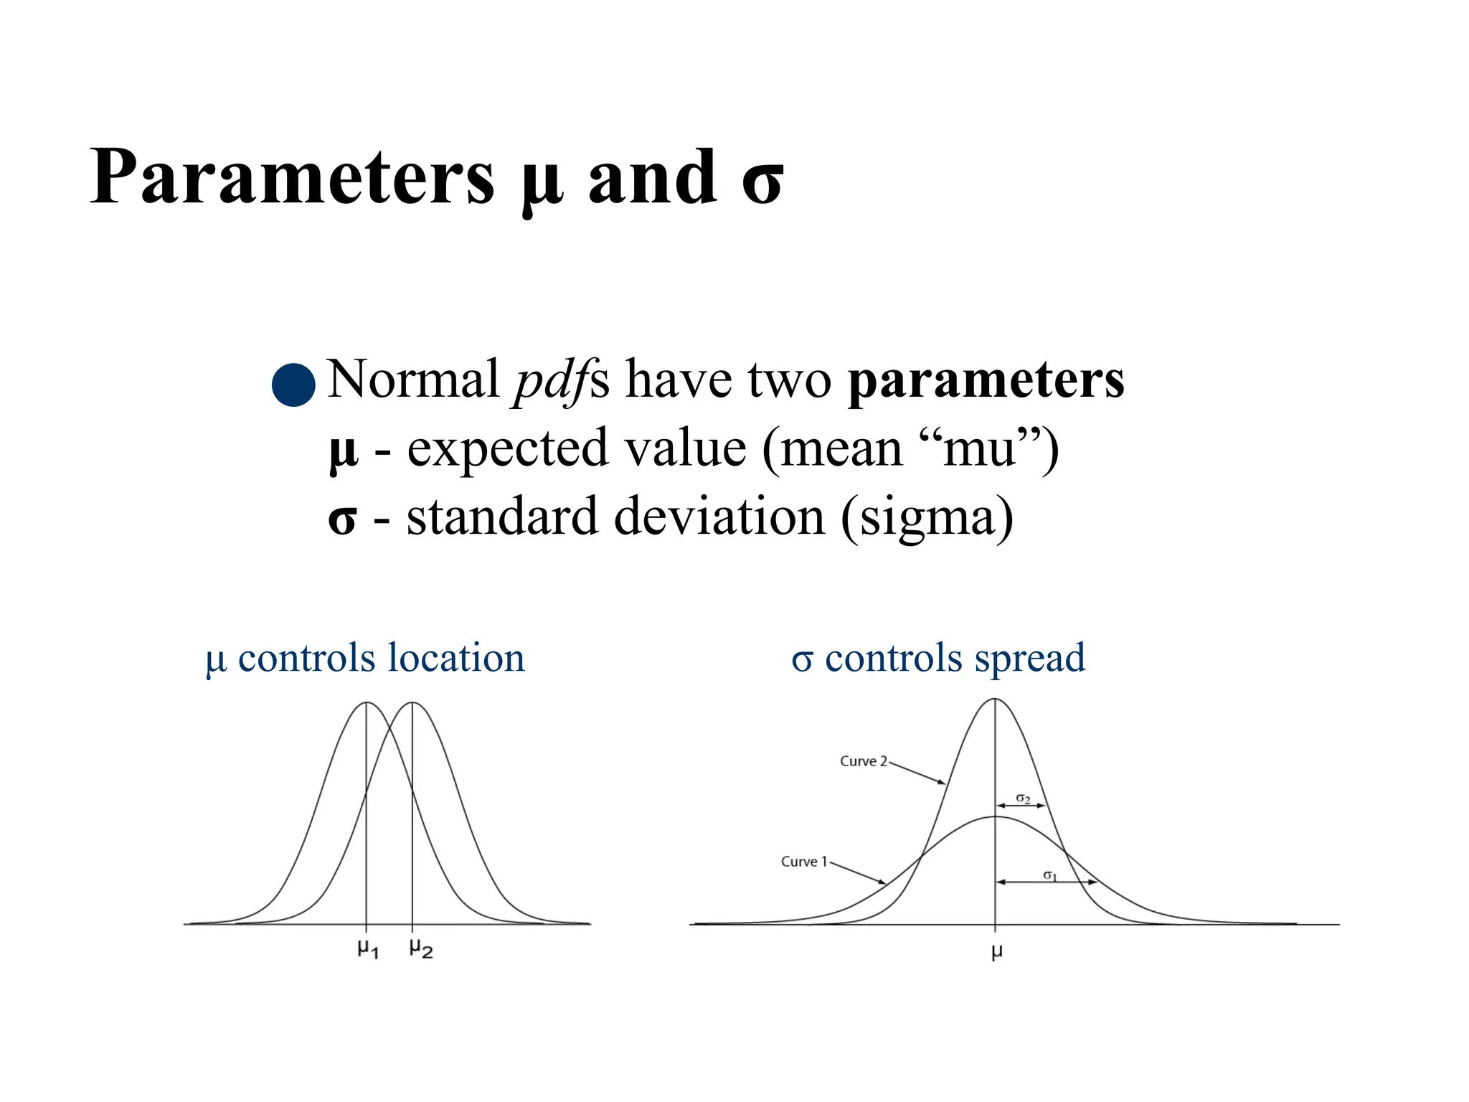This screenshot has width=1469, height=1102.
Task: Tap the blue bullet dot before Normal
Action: [293, 385]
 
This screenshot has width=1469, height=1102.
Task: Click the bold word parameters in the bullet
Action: [986, 380]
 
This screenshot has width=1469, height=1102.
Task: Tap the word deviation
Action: [719, 517]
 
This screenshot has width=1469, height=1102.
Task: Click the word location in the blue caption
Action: [456, 657]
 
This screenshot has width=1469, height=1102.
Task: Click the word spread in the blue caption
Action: [1030, 657]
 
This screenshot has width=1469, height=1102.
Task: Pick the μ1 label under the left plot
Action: [368, 949]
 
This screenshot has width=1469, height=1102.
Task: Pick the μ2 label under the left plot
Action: [421, 949]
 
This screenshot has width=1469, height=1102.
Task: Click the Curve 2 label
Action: [864, 761]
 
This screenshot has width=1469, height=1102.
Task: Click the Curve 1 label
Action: [804, 862]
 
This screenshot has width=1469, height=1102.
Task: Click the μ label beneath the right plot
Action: [996, 952]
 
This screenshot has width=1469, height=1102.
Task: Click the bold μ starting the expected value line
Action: [343, 452]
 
